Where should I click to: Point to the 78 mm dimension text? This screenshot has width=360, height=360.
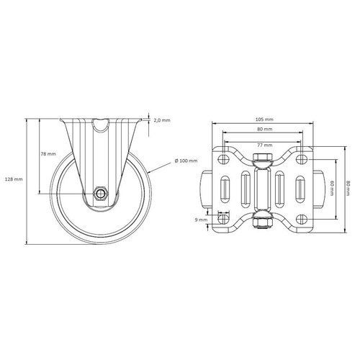pos(49,155)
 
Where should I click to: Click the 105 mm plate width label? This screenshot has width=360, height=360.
pos(264,119)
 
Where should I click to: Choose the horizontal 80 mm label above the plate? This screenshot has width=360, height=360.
pos(264,129)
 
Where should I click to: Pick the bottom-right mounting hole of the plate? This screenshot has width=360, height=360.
pos(302,218)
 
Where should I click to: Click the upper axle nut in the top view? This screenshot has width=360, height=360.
pos(264,159)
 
